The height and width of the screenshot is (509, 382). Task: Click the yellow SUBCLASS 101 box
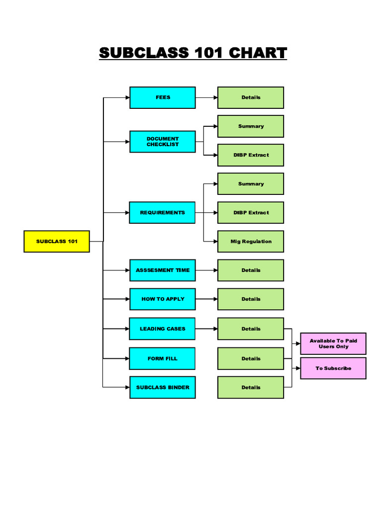click(x=57, y=242)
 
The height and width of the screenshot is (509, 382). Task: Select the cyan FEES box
click(x=163, y=97)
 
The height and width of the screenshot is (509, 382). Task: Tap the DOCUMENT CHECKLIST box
click(x=163, y=142)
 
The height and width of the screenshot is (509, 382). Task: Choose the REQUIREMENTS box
click(x=163, y=213)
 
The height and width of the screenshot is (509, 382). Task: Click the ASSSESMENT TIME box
click(x=163, y=270)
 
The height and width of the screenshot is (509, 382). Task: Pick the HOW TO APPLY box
click(x=163, y=299)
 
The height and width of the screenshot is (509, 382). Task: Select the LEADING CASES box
click(x=163, y=329)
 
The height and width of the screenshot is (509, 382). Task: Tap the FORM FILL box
click(x=163, y=358)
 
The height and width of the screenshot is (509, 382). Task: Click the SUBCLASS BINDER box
click(x=163, y=387)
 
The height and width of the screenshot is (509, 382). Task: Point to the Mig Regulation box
click(x=251, y=242)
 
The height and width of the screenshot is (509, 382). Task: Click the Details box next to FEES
click(x=251, y=97)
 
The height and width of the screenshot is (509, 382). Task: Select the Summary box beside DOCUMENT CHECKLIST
click(x=251, y=126)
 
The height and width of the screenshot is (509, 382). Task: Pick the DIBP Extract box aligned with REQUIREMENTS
click(x=251, y=213)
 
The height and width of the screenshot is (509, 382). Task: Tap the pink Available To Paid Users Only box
click(x=333, y=343)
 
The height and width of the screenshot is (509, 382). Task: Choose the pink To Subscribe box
click(x=333, y=368)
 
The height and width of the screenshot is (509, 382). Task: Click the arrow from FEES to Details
click(x=206, y=97)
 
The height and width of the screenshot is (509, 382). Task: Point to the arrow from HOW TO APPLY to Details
click(x=206, y=299)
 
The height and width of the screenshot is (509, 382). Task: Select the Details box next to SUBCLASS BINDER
click(x=251, y=387)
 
